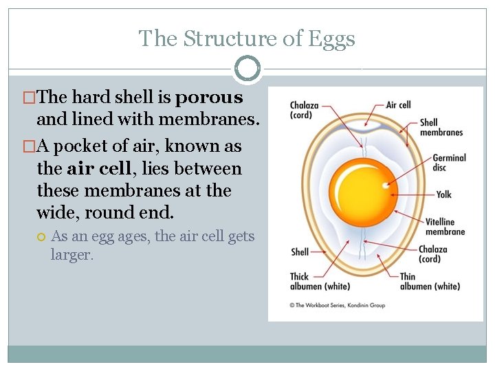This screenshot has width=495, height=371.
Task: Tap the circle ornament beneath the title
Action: [247, 69]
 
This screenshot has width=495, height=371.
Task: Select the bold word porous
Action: [209, 98]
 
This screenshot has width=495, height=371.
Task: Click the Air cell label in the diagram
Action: [398, 105]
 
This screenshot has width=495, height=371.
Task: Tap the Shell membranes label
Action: [441, 128]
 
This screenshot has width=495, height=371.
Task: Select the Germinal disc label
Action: [449, 162]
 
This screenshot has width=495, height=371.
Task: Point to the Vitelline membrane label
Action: [445, 227]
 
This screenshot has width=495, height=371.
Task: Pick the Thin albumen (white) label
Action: [430, 282]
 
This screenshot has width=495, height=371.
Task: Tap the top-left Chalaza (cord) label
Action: [304, 110]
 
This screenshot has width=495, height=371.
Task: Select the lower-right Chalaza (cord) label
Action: [432, 254]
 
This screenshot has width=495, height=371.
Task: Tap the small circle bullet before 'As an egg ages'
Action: [41, 237]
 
